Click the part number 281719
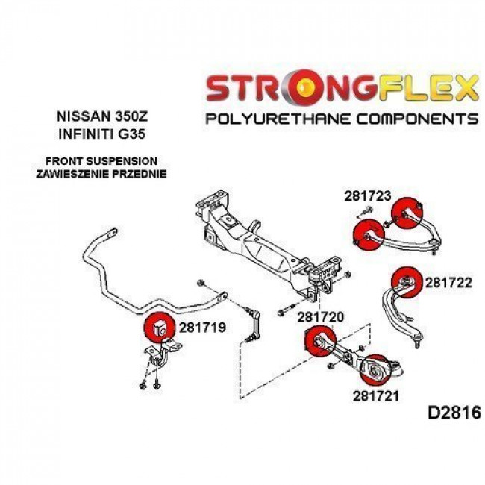201,326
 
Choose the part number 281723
368,196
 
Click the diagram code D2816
455,413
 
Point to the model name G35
134,135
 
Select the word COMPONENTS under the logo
419,118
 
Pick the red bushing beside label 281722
407,278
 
